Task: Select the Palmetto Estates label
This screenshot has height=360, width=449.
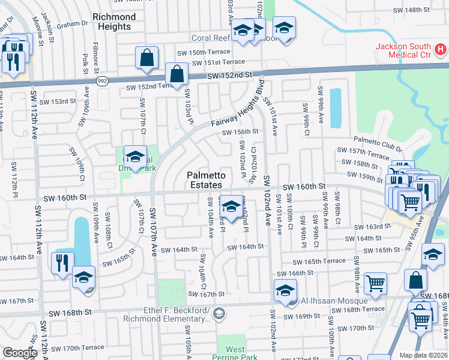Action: (206, 180)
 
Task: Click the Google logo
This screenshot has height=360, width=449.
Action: (20, 352)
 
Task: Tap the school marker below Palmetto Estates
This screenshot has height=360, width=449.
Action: (231, 207)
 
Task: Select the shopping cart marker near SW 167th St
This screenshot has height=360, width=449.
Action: (376, 282)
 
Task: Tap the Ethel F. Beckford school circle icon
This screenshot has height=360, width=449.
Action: (219, 313)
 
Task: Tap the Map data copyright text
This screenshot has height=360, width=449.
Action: (423, 355)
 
